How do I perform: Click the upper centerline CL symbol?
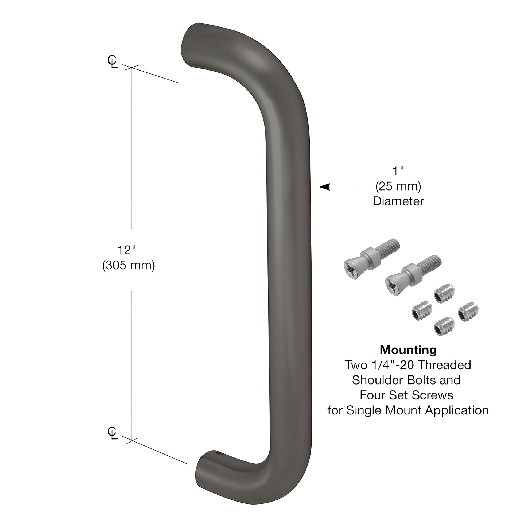(x=112, y=62)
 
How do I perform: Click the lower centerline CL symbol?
(x=112, y=434)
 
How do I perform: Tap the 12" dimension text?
(x=126, y=250)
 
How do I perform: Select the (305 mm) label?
(x=129, y=265)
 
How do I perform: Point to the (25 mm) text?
(x=398, y=186)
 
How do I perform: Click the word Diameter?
(x=398, y=201)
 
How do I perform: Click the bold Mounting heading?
(x=408, y=350)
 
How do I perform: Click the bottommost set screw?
(x=444, y=327)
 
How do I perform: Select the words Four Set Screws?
(x=406, y=395)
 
